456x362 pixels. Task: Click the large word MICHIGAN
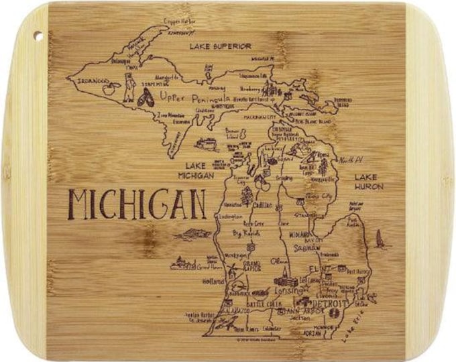click(137, 202)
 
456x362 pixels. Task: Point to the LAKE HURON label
click(368, 182)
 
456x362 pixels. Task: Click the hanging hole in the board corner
click(36, 36)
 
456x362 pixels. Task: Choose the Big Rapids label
click(247, 234)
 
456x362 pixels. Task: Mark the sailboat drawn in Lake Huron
click(380, 239)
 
